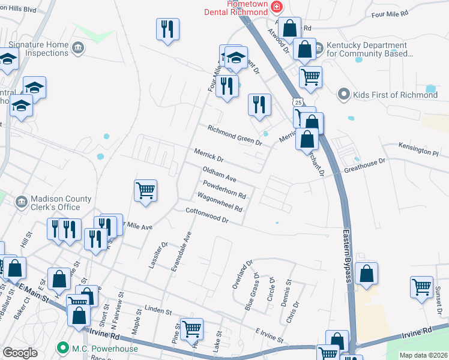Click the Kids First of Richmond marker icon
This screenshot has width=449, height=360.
[344, 94]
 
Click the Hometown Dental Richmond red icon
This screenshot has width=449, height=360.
[277, 7]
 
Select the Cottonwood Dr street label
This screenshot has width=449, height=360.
[208, 215]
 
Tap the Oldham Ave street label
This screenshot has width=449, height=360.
[219, 175]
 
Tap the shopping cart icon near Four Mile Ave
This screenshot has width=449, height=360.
[146, 191]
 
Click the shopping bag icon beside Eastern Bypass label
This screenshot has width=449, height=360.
[367, 274]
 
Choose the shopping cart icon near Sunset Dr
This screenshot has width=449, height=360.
[422, 287]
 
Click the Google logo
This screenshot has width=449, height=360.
[20, 352]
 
